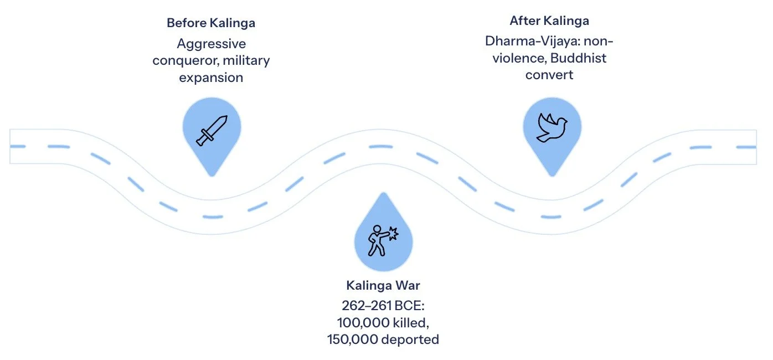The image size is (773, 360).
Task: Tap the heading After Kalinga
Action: (549, 21)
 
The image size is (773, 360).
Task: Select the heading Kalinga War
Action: (383, 286)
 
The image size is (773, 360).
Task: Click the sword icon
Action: (211, 130)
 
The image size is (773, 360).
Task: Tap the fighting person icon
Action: (383, 240)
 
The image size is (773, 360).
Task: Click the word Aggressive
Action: (211, 43)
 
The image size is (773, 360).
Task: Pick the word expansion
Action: (211, 78)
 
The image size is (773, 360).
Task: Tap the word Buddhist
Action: (579, 58)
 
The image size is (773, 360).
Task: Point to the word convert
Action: (549, 74)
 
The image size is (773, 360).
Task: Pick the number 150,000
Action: (352, 339)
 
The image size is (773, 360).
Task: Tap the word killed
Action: (410, 322)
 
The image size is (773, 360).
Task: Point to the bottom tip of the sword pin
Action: (211, 176)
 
